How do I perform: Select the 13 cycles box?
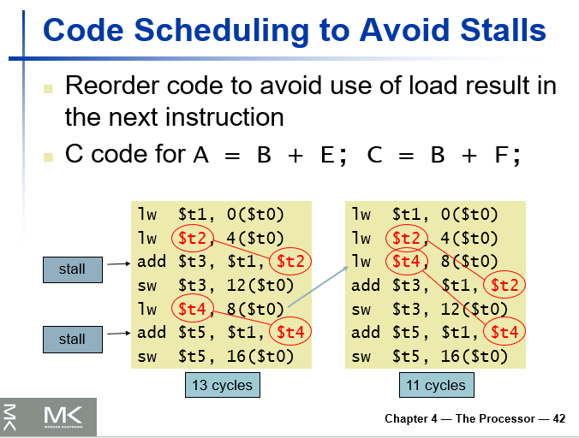[x=222, y=385]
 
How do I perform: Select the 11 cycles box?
[x=435, y=385]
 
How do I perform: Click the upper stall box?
[x=72, y=269]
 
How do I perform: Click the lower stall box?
[x=72, y=339]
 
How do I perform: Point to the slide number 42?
[x=559, y=418]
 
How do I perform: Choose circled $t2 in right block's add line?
[x=504, y=285]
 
